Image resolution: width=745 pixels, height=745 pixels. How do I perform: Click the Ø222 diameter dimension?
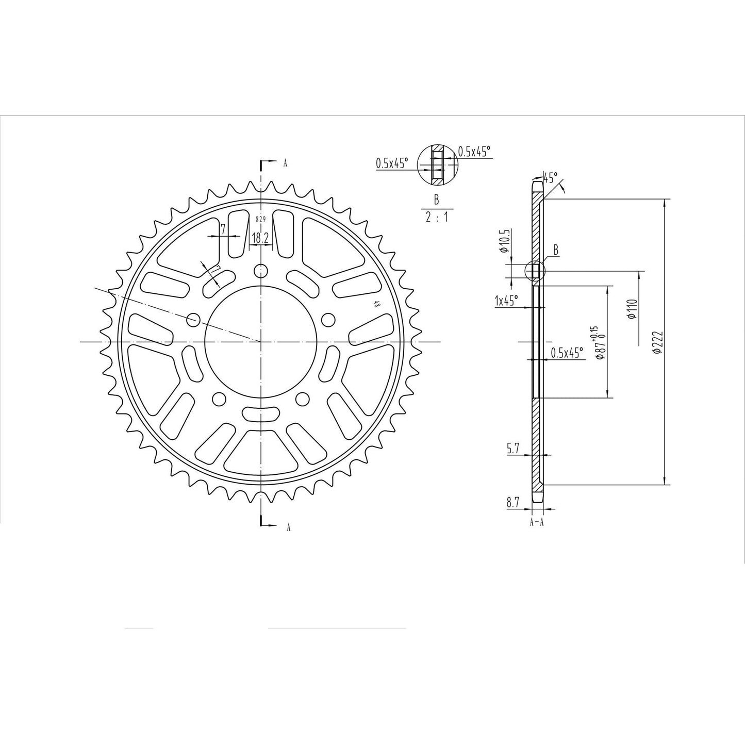pyautogui.click(x=656, y=342)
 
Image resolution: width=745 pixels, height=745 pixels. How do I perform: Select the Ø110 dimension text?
pyautogui.click(x=632, y=309)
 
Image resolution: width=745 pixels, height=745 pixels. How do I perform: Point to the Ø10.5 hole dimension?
pyautogui.click(x=505, y=242)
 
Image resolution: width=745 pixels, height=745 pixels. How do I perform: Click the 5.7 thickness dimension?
pyautogui.click(x=513, y=449)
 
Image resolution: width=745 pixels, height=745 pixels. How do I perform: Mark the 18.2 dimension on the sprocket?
pyautogui.click(x=259, y=238)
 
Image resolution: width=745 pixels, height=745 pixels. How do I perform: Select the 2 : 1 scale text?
pyautogui.click(x=436, y=217)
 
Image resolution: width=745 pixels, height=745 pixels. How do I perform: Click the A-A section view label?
pyautogui.click(x=536, y=522)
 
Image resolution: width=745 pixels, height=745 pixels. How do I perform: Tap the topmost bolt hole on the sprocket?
pyautogui.click(x=261, y=270)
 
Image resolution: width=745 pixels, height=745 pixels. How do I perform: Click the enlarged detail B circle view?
pyautogui.click(x=437, y=164)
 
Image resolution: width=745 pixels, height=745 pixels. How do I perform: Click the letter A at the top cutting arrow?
pyautogui.click(x=285, y=163)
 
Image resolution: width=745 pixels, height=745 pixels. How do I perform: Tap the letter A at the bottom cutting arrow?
pyautogui.click(x=288, y=526)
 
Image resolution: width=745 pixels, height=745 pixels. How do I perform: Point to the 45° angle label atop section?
pyautogui.click(x=551, y=178)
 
